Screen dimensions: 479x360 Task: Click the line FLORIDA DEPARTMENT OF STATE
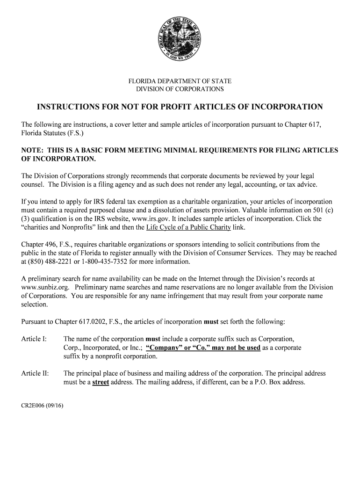click(180, 81)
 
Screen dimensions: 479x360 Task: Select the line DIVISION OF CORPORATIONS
click(180, 89)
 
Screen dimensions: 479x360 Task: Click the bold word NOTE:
click(33, 151)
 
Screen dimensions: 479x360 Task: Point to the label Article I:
click(34, 338)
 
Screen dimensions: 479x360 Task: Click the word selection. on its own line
click(35, 304)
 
